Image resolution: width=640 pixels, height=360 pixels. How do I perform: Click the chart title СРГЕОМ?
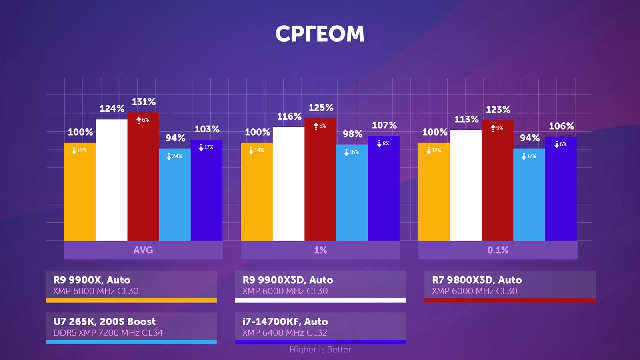tap(320, 34)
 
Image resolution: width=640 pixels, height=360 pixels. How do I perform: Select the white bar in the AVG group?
tap(111, 180)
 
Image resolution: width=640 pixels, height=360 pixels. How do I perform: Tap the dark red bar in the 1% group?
tap(320, 180)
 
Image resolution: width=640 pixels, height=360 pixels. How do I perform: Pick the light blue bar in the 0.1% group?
tap(529, 196)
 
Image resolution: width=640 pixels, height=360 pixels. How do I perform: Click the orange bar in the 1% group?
tap(257, 192)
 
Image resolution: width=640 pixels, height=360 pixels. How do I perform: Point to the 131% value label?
tap(144, 102)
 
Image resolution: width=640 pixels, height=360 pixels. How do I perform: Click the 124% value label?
tap(112, 109)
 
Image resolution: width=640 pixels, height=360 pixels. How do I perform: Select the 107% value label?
tap(384, 126)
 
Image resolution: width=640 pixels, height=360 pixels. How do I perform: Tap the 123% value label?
tap(498, 110)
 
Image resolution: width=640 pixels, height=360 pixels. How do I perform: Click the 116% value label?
tap(289, 117)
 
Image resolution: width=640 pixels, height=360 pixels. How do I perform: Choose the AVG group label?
tap(143, 250)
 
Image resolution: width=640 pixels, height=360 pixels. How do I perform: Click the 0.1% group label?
tap(498, 250)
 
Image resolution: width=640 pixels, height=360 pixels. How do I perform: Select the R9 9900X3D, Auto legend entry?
tap(288, 280)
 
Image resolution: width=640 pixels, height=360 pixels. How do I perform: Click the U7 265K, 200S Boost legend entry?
tap(104, 322)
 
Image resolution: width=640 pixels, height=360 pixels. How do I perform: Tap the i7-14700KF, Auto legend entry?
tap(285, 322)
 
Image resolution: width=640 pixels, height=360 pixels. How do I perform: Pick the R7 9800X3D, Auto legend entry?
tap(477, 280)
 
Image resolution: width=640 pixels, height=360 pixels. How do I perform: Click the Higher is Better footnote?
tap(320, 350)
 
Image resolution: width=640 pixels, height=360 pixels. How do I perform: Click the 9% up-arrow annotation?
tap(497, 128)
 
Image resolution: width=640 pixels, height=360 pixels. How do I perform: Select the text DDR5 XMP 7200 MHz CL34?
tap(108, 333)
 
